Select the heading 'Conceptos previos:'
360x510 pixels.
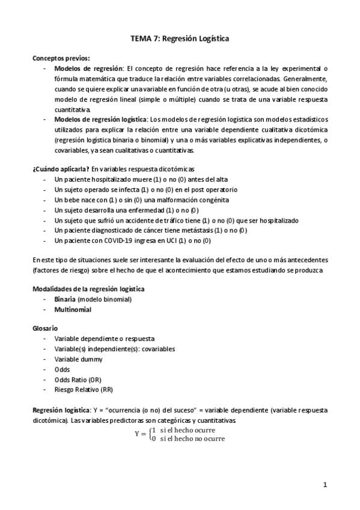61,58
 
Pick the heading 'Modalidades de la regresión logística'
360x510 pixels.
88,289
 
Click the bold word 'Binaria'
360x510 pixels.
64,299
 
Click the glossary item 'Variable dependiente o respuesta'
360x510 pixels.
104,339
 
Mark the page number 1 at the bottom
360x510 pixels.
325,484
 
